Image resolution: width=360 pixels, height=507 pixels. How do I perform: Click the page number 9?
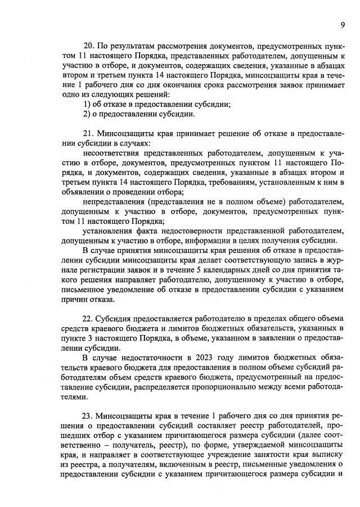(342, 25)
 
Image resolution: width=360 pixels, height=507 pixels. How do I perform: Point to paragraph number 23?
(89, 417)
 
